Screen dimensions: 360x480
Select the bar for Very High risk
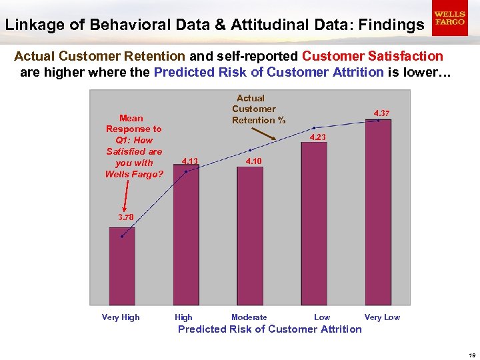[122, 267]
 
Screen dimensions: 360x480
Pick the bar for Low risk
[314, 220]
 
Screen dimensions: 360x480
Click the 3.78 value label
[125, 217]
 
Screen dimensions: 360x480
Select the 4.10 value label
[254, 161]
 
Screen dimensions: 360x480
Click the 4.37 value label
[381, 113]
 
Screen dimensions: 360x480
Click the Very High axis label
[121, 317]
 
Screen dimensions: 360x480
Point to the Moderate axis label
[249, 317]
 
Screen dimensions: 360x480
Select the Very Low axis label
[382, 317]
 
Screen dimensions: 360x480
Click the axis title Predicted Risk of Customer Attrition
[269, 329]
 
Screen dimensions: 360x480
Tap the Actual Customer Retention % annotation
[254, 109]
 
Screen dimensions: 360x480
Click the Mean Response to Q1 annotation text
[134, 146]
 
